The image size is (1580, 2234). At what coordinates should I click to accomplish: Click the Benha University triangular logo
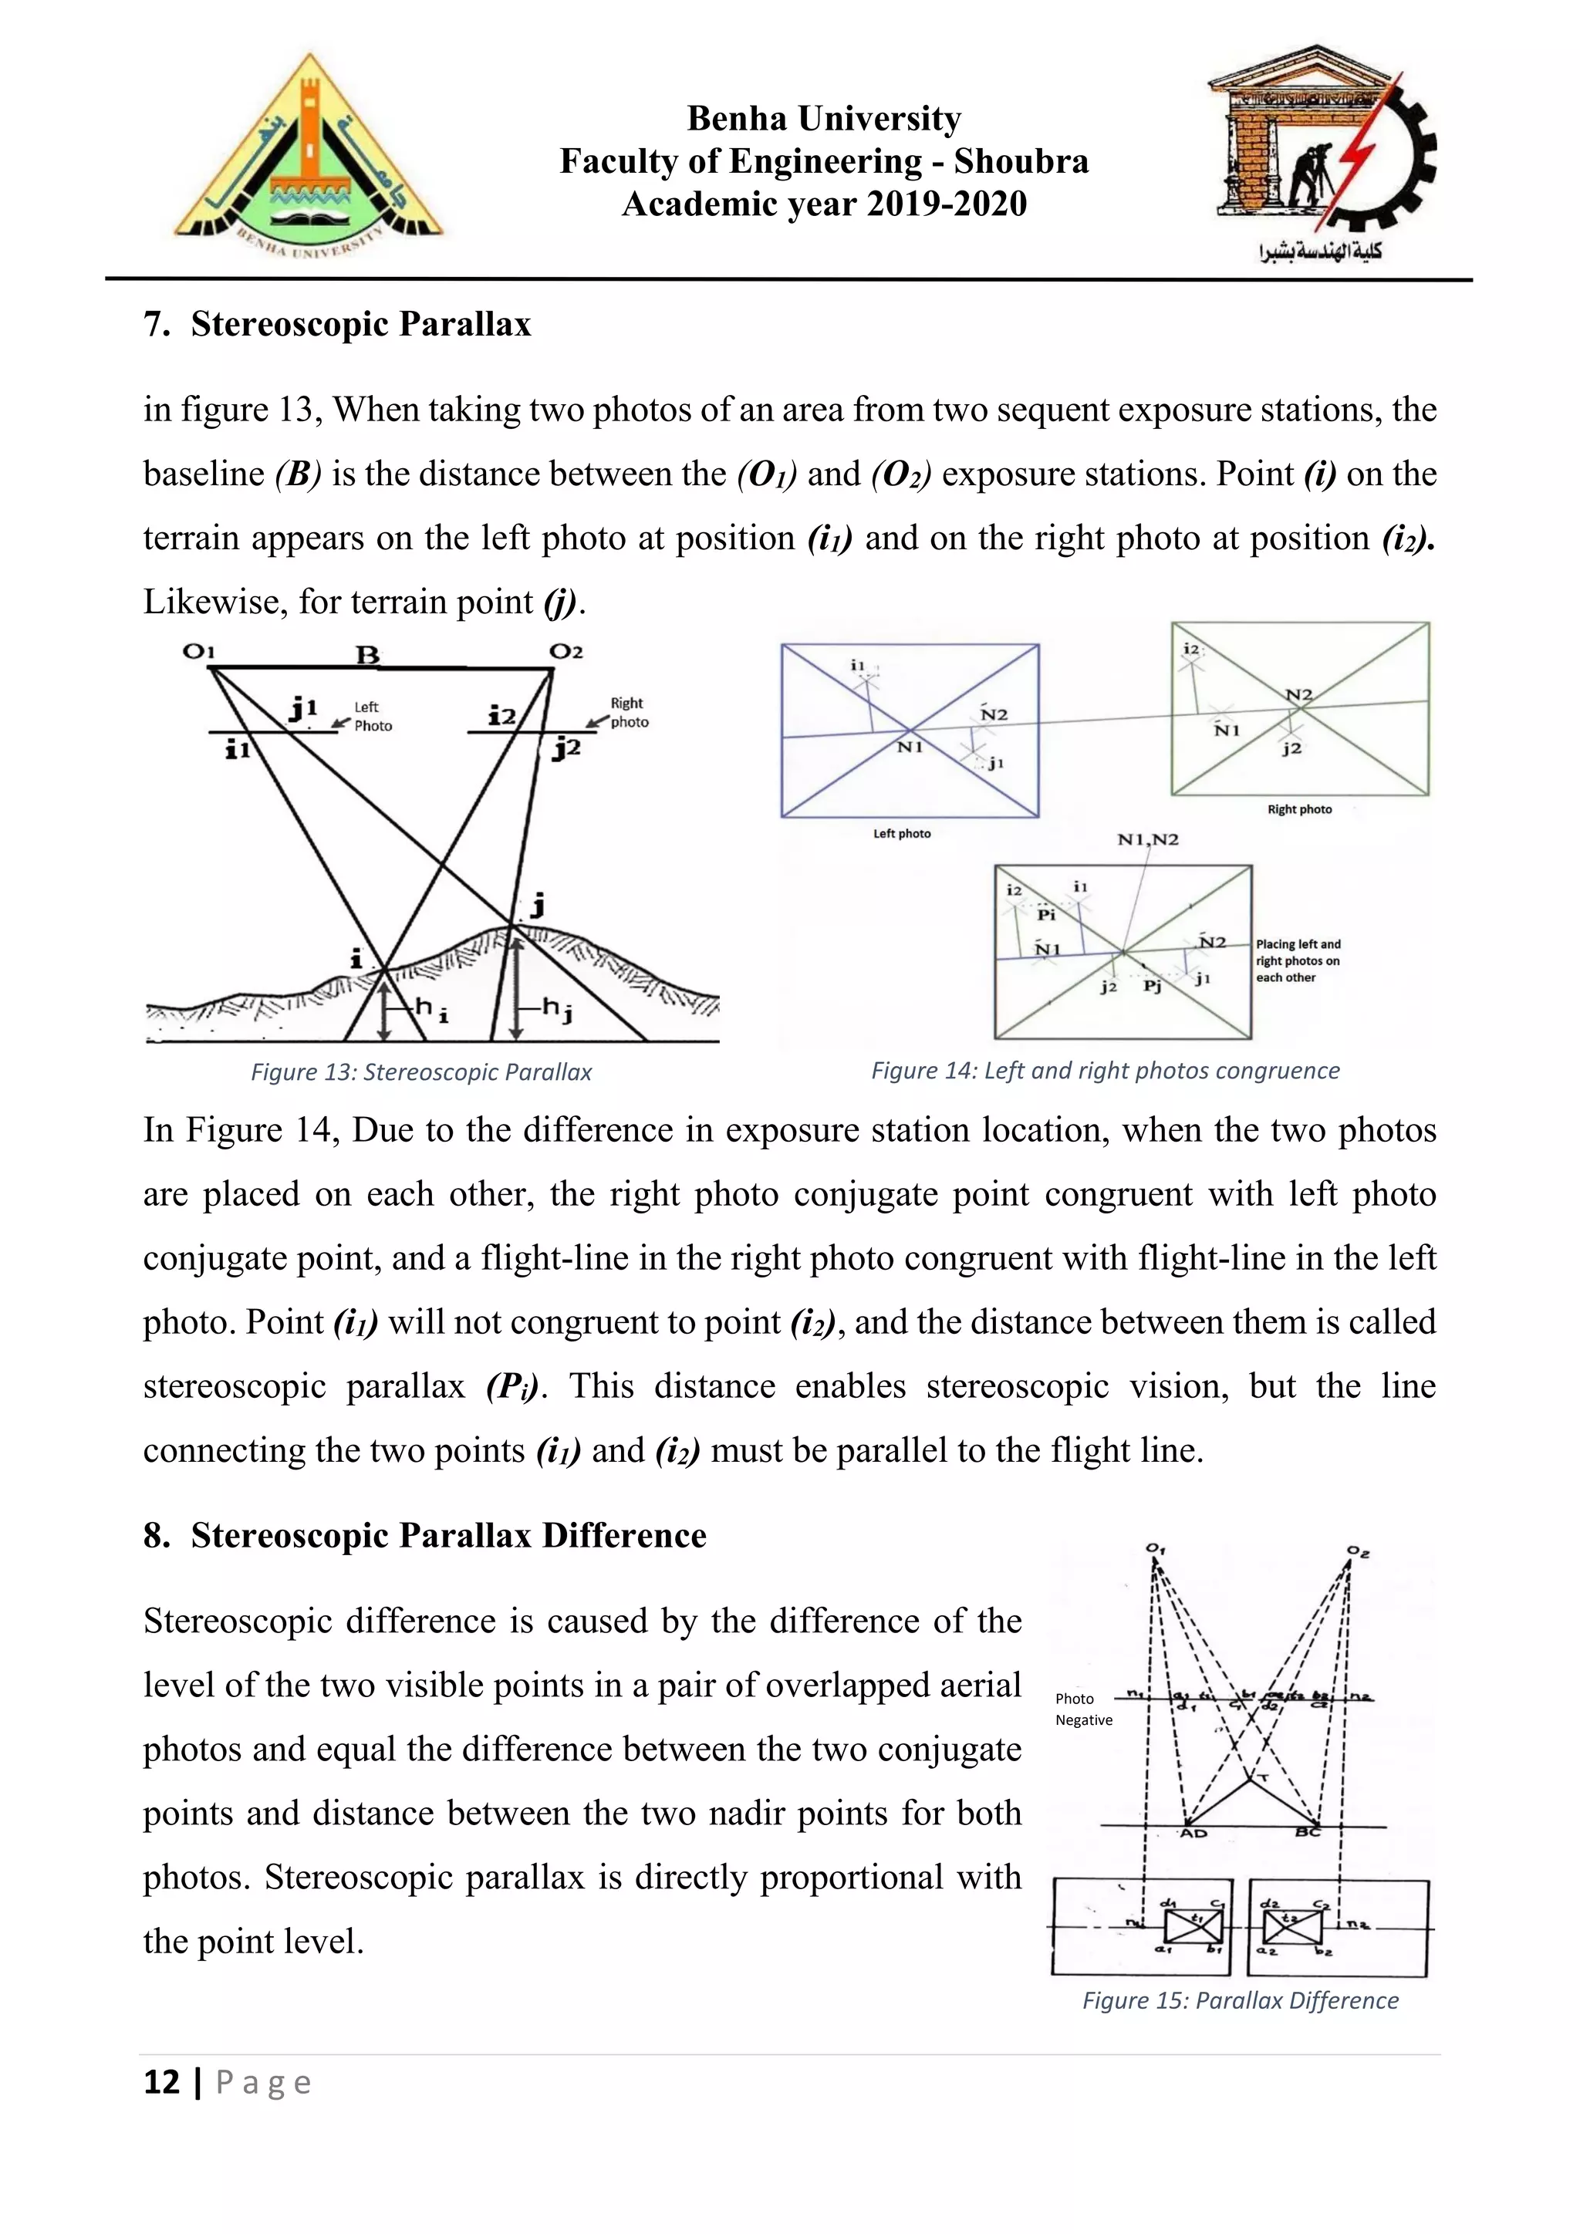pyautogui.click(x=309, y=156)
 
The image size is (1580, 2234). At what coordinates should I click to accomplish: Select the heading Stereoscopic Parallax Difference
pyautogui.click(x=447, y=1534)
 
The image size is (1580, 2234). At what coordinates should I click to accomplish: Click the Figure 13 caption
pyautogui.click(x=421, y=1072)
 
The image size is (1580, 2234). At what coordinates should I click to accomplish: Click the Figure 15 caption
pyautogui.click(x=1240, y=2000)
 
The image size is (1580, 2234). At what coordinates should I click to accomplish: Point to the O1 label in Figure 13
pyautogui.click(x=198, y=651)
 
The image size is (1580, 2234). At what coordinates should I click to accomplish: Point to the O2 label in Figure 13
pyautogui.click(x=566, y=651)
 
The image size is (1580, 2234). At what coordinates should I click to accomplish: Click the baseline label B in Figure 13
pyautogui.click(x=366, y=655)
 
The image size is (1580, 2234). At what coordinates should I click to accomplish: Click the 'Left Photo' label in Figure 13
pyautogui.click(x=373, y=716)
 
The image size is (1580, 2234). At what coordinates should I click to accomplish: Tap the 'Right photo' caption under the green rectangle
pyautogui.click(x=1299, y=808)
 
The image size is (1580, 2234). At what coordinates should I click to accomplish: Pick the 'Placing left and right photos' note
pyautogui.click(x=1297, y=960)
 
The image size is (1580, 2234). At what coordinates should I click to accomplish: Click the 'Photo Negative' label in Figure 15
pyautogui.click(x=1083, y=1709)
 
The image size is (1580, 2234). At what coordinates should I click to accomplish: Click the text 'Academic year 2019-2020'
pyautogui.click(x=824, y=204)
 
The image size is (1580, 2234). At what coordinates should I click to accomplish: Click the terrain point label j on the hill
pyautogui.click(x=536, y=905)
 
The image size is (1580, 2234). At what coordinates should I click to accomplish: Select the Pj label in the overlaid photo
pyautogui.click(x=1152, y=987)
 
